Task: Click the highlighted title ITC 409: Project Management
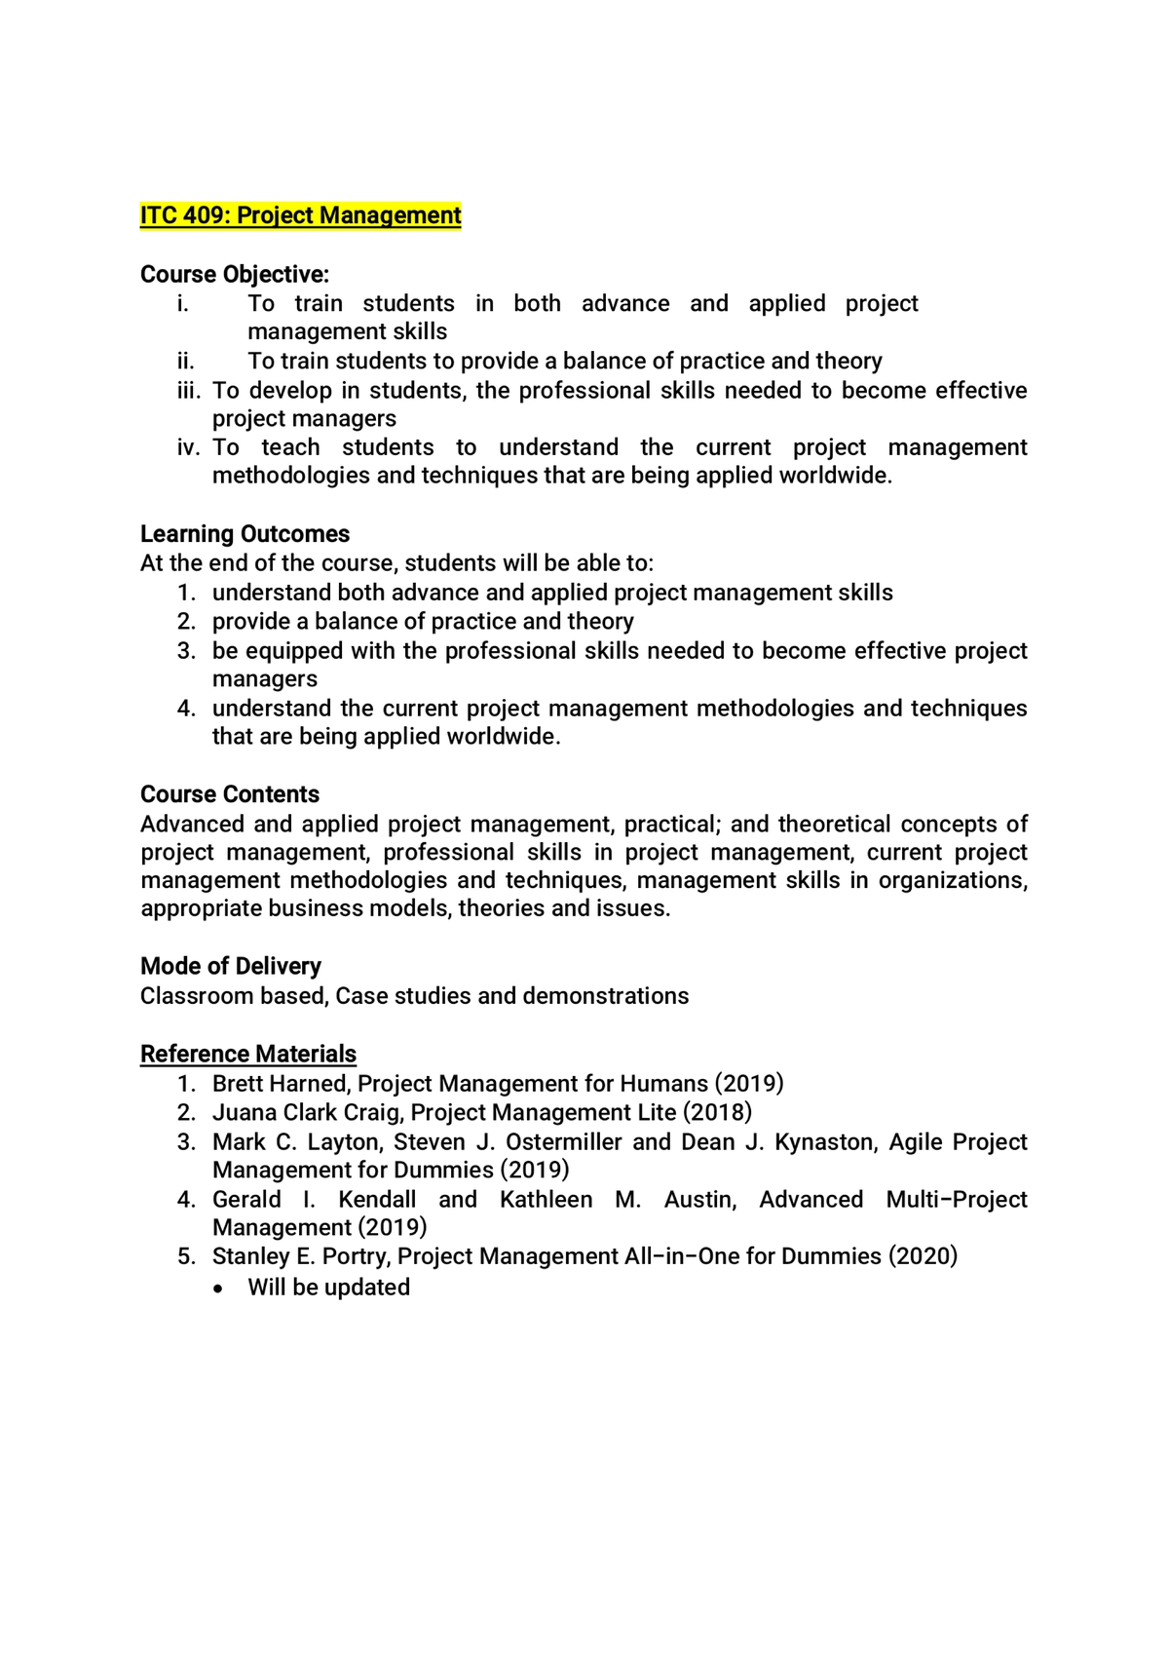(300, 215)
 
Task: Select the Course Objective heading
(235, 274)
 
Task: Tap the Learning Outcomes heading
(245, 534)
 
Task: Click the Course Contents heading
(230, 794)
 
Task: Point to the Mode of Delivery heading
(231, 966)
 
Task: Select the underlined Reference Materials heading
(248, 1054)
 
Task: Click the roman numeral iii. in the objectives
(188, 391)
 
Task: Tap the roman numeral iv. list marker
(188, 447)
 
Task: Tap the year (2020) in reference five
(923, 1256)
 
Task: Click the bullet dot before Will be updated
(220, 1289)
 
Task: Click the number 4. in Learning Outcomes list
(187, 709)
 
